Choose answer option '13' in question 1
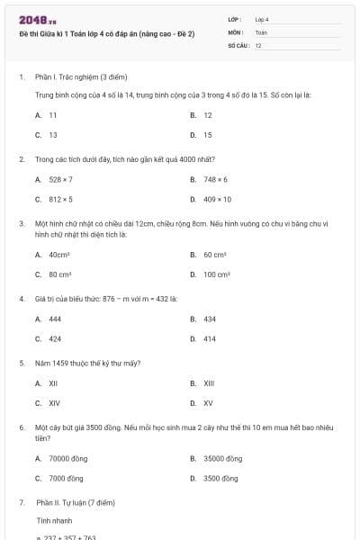tap(53, 135)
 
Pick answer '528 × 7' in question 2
tap(61, 179)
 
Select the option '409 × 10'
tap(217, 199)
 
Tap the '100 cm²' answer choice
tap(217, 274)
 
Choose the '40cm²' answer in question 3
tap(60, 255)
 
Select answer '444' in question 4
tap(55, 319)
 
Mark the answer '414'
tap(210, 338)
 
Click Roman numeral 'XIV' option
tap(55, 403)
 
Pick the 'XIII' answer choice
tap(209, 383)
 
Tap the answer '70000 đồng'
tap(68, 458)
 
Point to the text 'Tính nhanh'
tap(52, 520)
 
